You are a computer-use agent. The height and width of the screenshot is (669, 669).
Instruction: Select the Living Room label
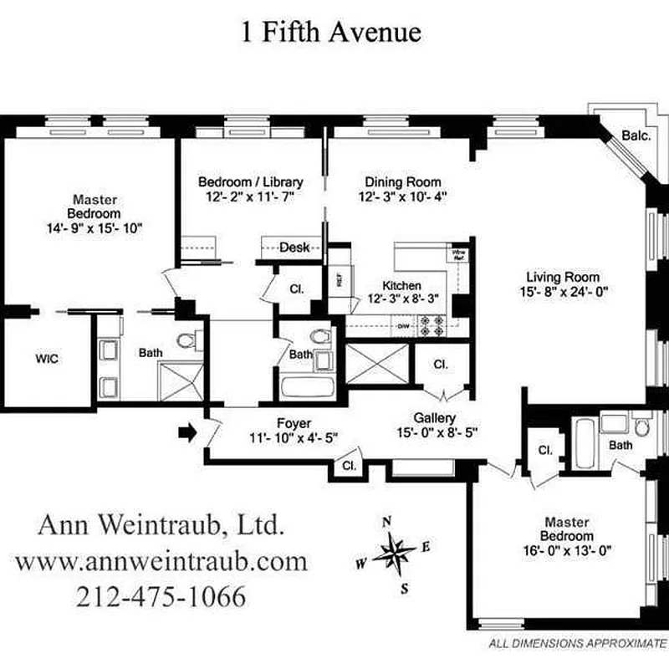pyautogui.click(x=563, y=278)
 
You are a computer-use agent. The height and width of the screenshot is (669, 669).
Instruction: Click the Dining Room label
pyautogui.click(x=403, y=182)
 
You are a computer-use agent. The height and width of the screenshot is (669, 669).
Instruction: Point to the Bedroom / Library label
pyautogui.click(x=250, y=182)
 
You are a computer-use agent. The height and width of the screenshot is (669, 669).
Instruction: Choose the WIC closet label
pyautogui.click(x=46, y=358)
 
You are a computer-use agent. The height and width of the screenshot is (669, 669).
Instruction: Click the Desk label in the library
pyautogui.click(x=294, y=248)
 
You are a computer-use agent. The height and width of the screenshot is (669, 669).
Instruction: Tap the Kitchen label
pyautogui.click(x=401, y=285)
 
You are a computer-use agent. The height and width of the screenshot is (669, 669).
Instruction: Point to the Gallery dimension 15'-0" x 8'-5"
pyautogui.click(x=435, y=432)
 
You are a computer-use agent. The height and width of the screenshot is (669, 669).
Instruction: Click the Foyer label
pyautogui.click(x=294, y=424)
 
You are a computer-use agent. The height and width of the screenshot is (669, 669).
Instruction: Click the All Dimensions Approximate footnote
pyautogui.click(x=577, y=645)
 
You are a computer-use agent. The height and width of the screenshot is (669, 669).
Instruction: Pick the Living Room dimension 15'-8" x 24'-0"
pyautogui.click(x=563, y=292)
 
